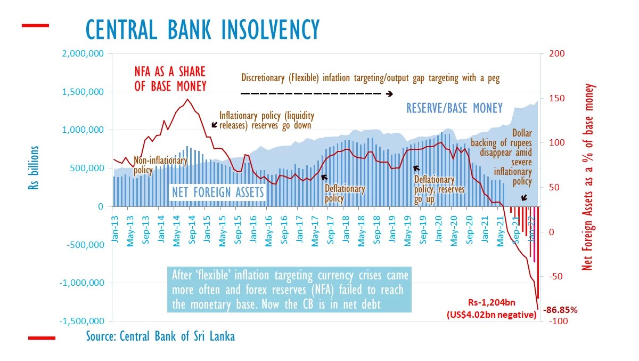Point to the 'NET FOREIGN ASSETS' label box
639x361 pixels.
217,192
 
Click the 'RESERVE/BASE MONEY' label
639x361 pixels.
454,109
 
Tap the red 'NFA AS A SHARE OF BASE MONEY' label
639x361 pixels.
170,79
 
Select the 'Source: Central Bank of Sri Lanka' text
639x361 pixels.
160,337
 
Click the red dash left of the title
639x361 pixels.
35,25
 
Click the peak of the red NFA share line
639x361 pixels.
187,99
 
